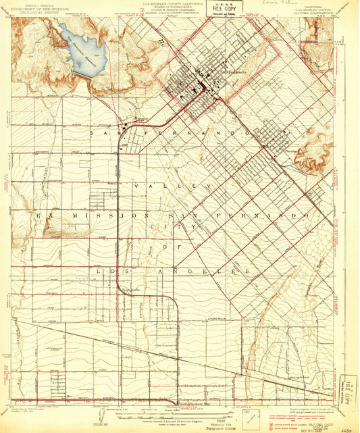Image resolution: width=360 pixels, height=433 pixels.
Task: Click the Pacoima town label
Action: (x=292, y=151)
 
